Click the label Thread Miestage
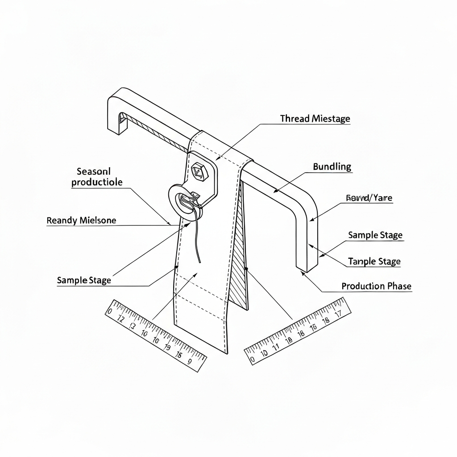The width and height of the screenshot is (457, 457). [x=315, y=119]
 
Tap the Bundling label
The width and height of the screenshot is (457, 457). [x=332, y=167]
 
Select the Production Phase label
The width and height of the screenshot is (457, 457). [x=376, y=286]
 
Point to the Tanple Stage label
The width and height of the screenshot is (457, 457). [x=374, y=262]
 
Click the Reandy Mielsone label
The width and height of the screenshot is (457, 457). [x=81, y=220]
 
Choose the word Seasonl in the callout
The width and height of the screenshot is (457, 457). [x=93, y=171]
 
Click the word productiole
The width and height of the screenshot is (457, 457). [x=97, y=182]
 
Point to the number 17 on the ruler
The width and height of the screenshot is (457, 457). [x=338, y=313]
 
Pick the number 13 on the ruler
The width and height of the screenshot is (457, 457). [x=132, y=326]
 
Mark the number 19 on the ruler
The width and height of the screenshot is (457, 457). [x=167, y=347]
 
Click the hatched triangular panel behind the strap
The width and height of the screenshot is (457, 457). [x=241, y=250]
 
